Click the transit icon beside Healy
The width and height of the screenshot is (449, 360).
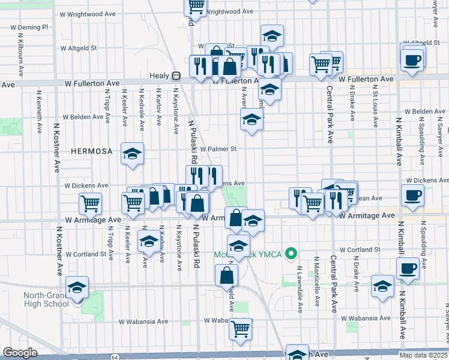[x=176, y=76]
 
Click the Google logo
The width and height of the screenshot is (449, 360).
[x=20, y=353]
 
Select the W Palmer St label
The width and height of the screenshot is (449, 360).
[x=219, y=149]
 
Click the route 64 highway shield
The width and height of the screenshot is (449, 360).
[x=115, y=356]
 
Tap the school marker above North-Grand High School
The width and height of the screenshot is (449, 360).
[x=78, y=287]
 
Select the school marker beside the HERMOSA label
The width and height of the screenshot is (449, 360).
[x=132, y=154]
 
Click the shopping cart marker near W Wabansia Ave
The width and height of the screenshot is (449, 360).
[x=240, y=328]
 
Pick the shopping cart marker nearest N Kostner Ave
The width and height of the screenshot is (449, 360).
[x=90, y=203]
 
